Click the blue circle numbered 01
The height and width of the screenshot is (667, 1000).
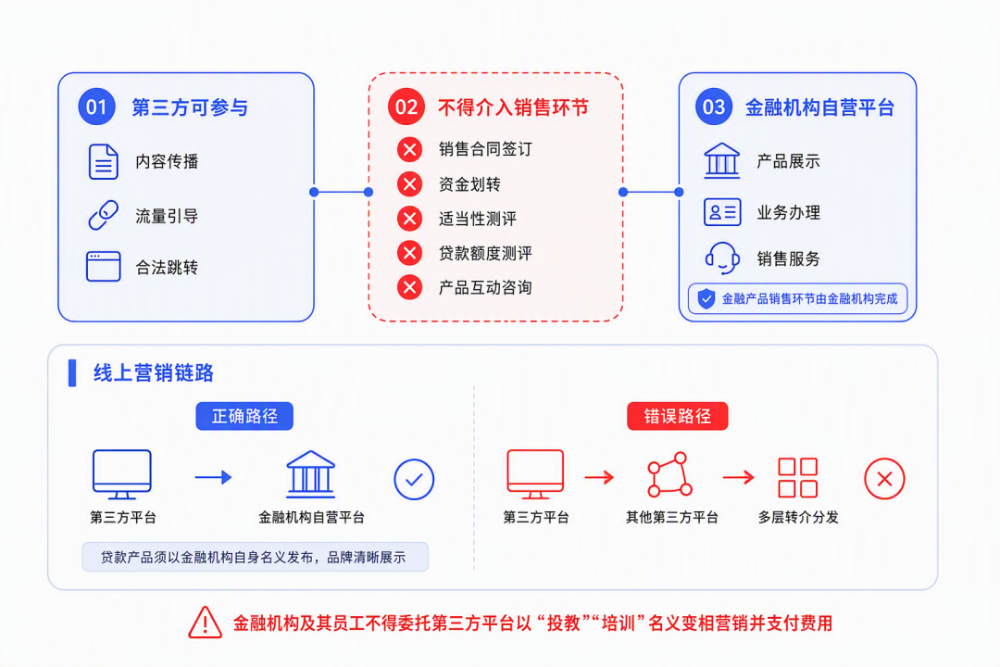click(96, 107)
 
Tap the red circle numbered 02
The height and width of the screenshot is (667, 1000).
click(406, 107)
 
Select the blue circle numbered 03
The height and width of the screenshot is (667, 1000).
click(714, 107)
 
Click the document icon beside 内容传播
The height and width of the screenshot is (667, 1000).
click(104, 161)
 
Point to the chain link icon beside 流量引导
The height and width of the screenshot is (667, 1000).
click(104, 215)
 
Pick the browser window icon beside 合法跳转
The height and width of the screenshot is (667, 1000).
click(104, 266)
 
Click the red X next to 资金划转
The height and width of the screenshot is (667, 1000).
click(409, 184)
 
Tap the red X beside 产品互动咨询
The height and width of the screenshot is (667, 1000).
click(409, 287)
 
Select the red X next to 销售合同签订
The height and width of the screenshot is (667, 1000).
click(409, 149)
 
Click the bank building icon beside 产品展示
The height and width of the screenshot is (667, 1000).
click(722, 160)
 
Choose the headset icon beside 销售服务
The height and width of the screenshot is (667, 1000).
click(722, 258)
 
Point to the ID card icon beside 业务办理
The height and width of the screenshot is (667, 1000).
click(722, 212)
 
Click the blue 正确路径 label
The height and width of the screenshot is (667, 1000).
click(244, 416)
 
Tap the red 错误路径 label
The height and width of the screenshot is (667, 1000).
click(677, 416)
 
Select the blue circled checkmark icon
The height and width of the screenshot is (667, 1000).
click(414, 479)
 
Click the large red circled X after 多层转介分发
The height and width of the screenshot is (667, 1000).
click(884, 479)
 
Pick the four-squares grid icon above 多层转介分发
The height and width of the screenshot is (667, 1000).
click(798, 477)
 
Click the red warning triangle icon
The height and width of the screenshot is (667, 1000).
click(206, 623)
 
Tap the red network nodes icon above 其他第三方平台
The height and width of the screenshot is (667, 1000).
click(669, 475)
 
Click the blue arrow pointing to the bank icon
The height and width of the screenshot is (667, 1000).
click(214, 477)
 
